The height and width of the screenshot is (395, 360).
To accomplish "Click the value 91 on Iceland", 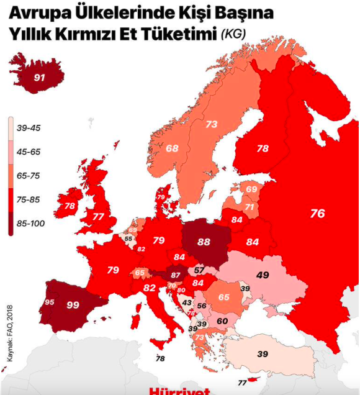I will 39,78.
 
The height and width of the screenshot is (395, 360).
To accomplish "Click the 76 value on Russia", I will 317,213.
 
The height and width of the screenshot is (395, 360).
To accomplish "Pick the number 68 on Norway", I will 172,148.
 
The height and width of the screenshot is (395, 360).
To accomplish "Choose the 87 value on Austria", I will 176,275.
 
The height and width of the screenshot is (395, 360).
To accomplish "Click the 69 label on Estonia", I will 251,189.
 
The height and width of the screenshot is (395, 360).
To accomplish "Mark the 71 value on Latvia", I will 250,207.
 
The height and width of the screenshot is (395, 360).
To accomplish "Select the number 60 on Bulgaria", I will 222,320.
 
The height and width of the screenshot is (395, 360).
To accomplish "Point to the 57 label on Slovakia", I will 199,270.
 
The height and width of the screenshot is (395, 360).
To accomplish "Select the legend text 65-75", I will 30,176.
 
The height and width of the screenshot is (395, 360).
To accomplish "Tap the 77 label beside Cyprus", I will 242,383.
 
